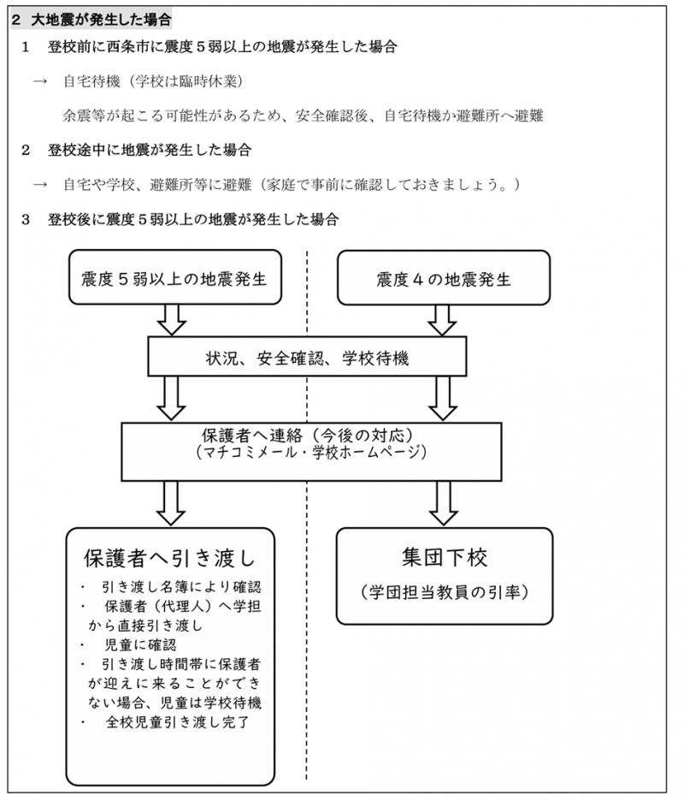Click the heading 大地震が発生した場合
(x=101, y=20)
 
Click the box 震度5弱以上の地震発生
(x=175, y=277)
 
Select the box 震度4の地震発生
(x=444, y=278)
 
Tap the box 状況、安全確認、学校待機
(x=307, y=357)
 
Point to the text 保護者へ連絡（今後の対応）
(x=308, y=435)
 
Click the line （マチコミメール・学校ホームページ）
(x=311, y=452)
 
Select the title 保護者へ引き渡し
(x=170, y=557)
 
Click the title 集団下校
(x=444, y=556)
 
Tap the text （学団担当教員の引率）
(x=444, y=591)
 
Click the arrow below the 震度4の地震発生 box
(x=442, y=320)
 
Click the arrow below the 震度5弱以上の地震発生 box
(x=172, y=320)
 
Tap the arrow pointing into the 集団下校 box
(x=444, y=503)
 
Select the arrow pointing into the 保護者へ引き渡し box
(x=170, y=503)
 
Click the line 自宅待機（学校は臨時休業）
(x=153, y=80)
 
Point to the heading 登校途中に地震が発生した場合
(x=150, y=150)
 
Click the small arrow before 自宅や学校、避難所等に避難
(x=40, y=184)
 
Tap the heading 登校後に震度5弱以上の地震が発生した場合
(x=193, y=219)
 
